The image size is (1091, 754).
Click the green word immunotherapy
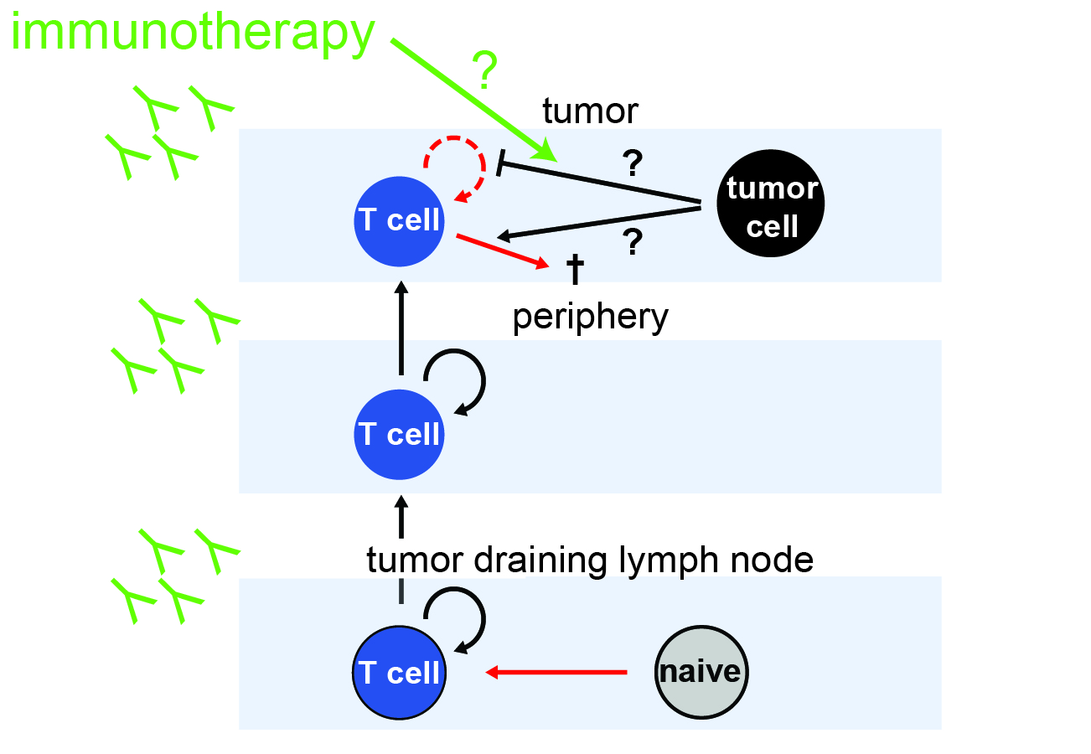click(x=193, y=34)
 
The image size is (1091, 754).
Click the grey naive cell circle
click(x=701, y=672)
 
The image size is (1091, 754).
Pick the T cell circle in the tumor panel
click(x=399, y=221)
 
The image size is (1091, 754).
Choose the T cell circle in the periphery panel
click(x=399, y=435)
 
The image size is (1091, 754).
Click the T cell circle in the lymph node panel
click(x=399, y=673)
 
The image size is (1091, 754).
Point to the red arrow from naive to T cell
click(x=557, y=672)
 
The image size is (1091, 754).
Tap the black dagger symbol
click(x=576, y=269)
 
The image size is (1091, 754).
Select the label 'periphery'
click(x=591, y=318)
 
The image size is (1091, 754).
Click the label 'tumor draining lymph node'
click(x=590, y=560)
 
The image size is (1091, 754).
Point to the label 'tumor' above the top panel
click(x=590, y=110)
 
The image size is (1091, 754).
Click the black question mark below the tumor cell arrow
click(x=633, y=243)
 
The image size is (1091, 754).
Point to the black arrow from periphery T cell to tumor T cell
click(x=401, y=331)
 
